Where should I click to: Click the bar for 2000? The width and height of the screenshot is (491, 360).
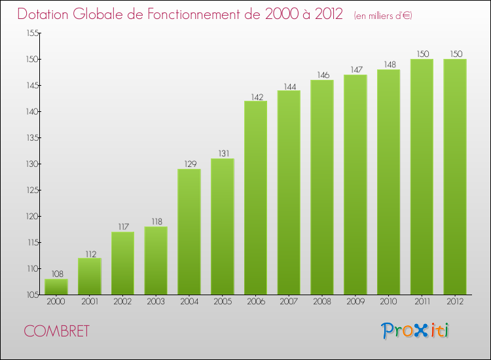[56, 287]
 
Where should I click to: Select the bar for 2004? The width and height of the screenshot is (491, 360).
[189, 232]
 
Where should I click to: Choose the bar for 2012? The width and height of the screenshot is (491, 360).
[454, 177]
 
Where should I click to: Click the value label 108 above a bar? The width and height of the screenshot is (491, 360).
[56, 274]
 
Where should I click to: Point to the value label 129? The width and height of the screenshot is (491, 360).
[189, 164]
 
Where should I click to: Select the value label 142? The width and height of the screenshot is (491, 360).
[255, 96]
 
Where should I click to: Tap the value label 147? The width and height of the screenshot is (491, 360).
[355, 70]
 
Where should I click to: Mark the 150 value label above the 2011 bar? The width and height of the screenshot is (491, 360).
[422, 54]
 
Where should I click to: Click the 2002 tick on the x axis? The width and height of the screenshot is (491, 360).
[122, 302]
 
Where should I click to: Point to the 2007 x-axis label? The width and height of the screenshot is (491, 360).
[289, 302]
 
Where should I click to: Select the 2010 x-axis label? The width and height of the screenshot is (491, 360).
[388, 302]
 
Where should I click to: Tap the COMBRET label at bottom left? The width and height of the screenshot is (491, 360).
[56, 331]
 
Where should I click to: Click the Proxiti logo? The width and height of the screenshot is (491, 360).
[416, 331]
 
